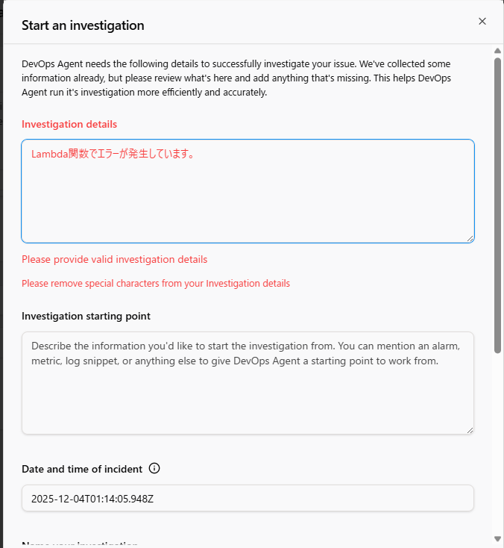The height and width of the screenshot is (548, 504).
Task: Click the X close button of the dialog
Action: click(x=482, y=22)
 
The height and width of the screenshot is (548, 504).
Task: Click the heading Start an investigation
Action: click(x=83, y=25)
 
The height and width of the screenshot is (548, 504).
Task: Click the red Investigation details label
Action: click(x=69, y=124)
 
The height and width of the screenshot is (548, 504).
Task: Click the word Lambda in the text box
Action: click(x=48, y=154)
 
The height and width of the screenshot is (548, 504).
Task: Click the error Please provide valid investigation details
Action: click(x=114, y=259)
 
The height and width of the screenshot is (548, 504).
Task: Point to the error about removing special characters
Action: click(x=155, y=283)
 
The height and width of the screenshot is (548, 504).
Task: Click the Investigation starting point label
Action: click(x=86, y=316)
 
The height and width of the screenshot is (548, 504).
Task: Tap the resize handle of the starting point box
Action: click(x=470, y=429)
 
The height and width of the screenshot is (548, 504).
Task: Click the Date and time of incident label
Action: click(x=82, y=469)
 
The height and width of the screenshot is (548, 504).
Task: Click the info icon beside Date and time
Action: click(x=154, y=469)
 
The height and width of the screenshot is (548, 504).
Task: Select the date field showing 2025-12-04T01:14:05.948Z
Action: click(x=248, y=498)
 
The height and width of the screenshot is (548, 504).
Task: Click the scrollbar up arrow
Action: click(x=497, y=51)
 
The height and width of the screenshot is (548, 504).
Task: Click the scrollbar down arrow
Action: click(x=497, y=538)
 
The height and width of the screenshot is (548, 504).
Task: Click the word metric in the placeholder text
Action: click(x=46, y=361)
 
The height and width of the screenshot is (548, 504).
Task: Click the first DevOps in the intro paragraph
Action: click(x=40, y=64)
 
